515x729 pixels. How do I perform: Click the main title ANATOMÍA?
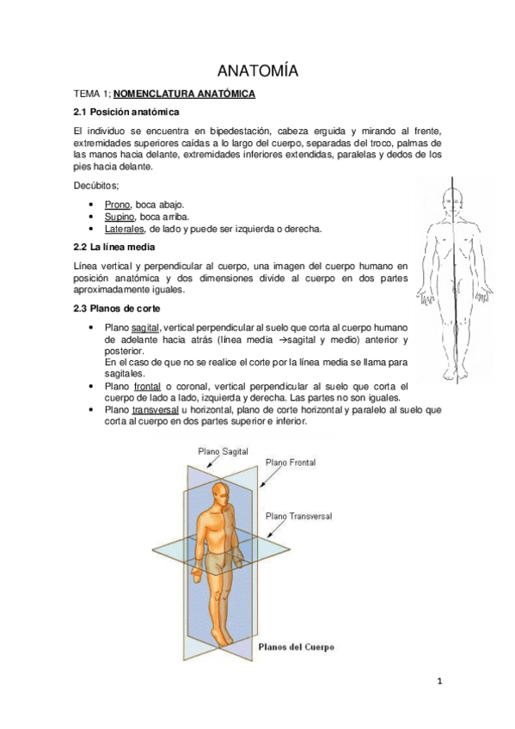257,70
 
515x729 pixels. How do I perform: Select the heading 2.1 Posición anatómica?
126,113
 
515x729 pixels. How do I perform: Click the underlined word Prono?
117,205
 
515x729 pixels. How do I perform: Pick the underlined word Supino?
120,217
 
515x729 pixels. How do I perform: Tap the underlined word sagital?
146,328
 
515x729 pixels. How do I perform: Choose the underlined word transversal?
155,411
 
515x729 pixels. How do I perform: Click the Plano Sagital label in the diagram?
224,450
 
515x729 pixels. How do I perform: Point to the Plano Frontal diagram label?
291,462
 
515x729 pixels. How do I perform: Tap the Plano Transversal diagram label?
298,516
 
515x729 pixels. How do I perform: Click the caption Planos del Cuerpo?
297,646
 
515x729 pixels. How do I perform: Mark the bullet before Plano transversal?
92,411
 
